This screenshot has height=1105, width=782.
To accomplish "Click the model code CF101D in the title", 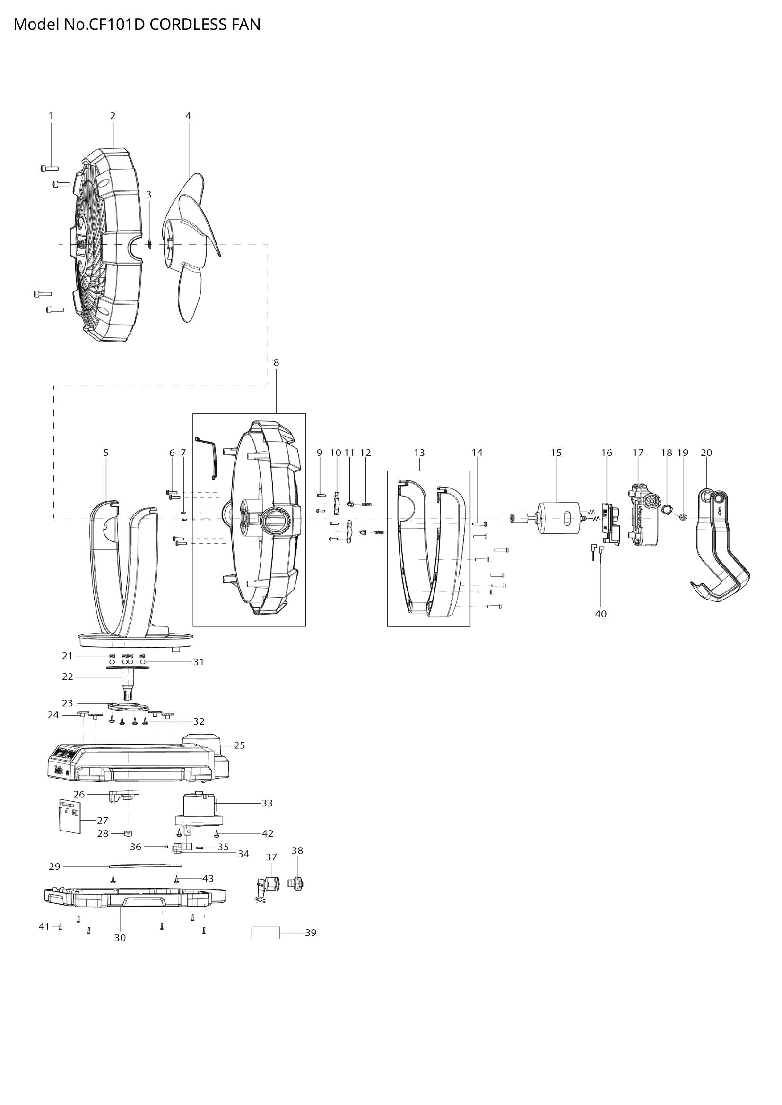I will click(116, 24).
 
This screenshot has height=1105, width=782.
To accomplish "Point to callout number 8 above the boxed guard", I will click(277, 362).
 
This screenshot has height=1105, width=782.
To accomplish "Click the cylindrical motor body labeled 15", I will click(558, 518).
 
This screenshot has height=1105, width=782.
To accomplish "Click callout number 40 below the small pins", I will click(600, 614).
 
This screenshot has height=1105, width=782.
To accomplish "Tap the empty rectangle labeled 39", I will click(265, 933).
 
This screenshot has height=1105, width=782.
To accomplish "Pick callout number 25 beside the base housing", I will click(239, 745).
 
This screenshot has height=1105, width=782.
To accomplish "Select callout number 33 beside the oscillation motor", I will click(267, 803).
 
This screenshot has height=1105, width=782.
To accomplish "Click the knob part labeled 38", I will click(296, 883).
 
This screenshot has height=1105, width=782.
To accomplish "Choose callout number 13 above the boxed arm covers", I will click(419, 453).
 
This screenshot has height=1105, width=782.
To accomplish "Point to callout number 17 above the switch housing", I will click(638, 453).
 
